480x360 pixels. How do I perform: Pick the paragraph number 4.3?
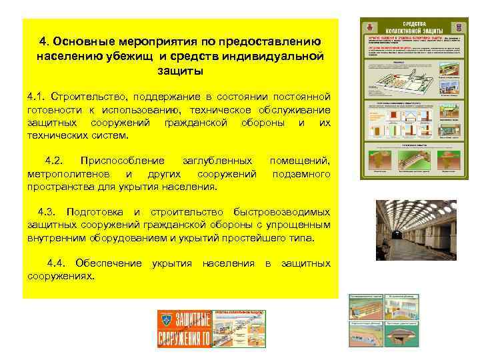49,211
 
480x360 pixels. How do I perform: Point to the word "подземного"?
301,174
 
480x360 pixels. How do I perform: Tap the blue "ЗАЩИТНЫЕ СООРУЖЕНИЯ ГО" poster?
184,329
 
